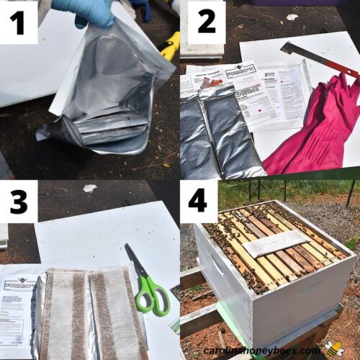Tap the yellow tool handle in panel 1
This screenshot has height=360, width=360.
(x=170, y=46)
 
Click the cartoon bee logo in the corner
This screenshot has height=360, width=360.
(x=334, y=349)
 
